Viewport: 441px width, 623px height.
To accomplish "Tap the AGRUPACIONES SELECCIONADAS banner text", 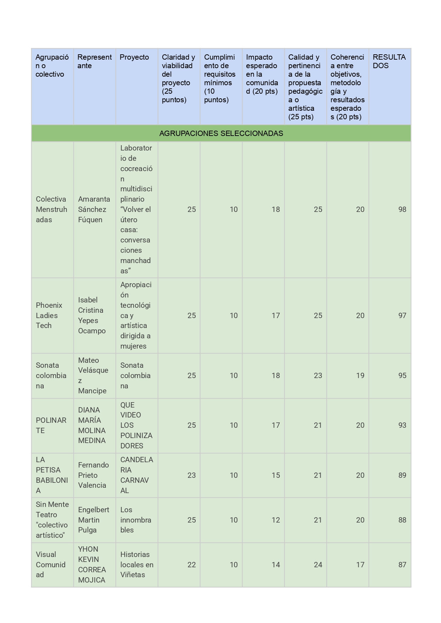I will pos(221,133).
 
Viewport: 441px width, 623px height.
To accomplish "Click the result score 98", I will pos(402,209).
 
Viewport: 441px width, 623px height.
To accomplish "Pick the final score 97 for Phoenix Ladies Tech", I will pos(402,316).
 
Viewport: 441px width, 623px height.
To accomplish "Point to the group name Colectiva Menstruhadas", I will pos(51,209).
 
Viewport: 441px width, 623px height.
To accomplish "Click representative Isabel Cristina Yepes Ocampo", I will pos(92,316).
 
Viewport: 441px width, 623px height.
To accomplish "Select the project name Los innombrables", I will pos(136,520).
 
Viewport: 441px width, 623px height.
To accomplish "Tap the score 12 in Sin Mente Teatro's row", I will pos(276,520).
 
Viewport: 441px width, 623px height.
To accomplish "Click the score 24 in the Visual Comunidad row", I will pos(318,565).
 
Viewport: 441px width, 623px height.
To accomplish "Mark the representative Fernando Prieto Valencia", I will pos(93,475).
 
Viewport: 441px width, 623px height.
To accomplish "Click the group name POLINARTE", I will pos(51,425).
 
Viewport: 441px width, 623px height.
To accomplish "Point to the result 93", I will pos(402,425).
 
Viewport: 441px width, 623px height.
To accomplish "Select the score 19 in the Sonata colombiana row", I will pos(360,376).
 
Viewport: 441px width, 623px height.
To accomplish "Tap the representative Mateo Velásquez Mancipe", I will pos(93,376).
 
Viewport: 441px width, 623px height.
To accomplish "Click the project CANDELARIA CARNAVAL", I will pos(136,475).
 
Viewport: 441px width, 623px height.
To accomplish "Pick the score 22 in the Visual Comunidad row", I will pos(191,565).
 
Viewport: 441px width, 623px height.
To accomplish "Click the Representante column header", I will pos(94,61).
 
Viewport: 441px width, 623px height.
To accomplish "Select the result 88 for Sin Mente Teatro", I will pos(402,520).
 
